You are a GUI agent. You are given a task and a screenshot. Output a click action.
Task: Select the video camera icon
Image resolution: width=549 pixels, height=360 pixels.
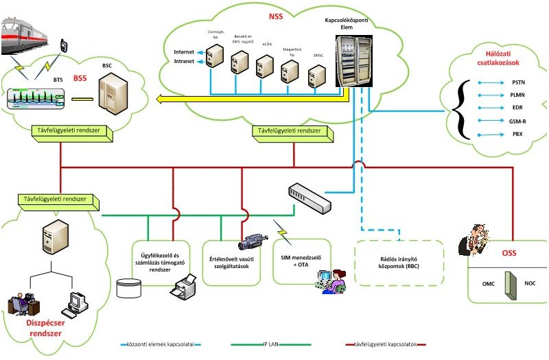point(251,241)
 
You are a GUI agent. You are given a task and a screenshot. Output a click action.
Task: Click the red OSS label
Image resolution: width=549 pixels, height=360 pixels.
point(508,254)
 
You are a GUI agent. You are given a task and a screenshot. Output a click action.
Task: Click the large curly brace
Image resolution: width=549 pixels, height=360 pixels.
point(460,108)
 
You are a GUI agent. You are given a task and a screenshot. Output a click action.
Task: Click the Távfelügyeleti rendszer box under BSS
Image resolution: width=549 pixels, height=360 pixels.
point(73,128)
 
